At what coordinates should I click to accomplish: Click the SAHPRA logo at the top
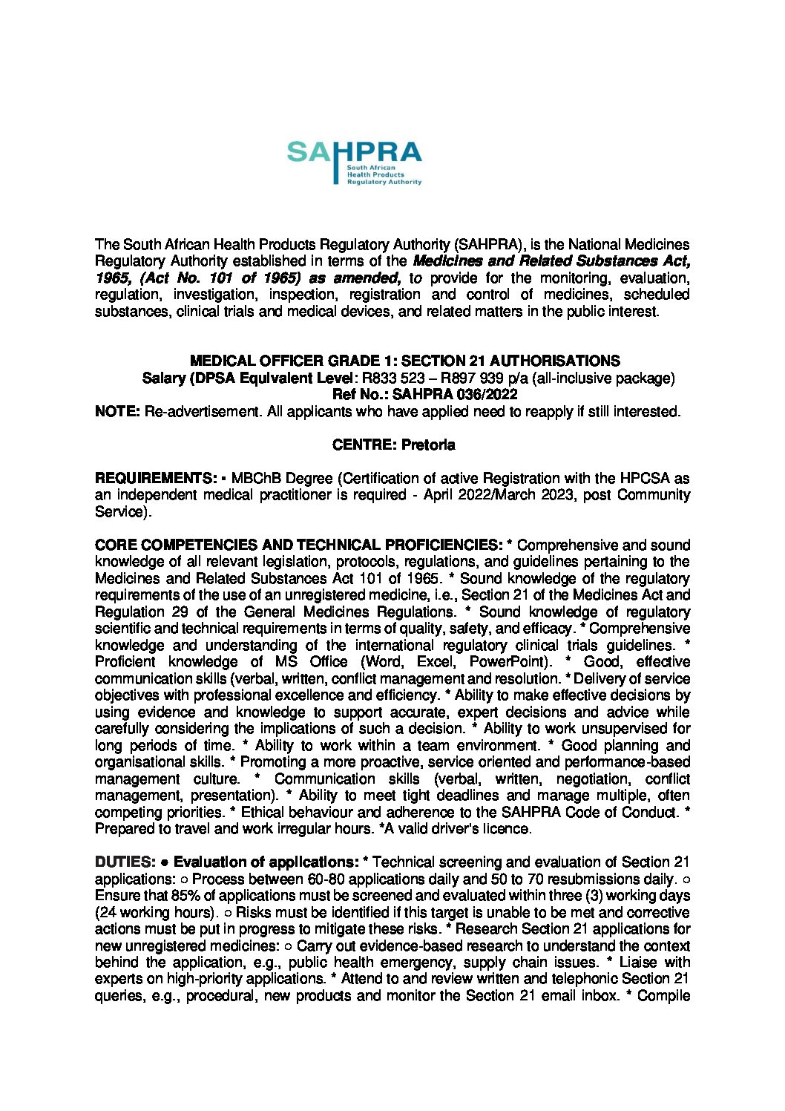pyautogui.click(x=354, y=163)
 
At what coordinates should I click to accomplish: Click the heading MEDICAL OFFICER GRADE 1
pyautogui.click(x=405, y=361)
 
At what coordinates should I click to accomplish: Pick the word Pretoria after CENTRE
pyautogui.click(x=428, y=445)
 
